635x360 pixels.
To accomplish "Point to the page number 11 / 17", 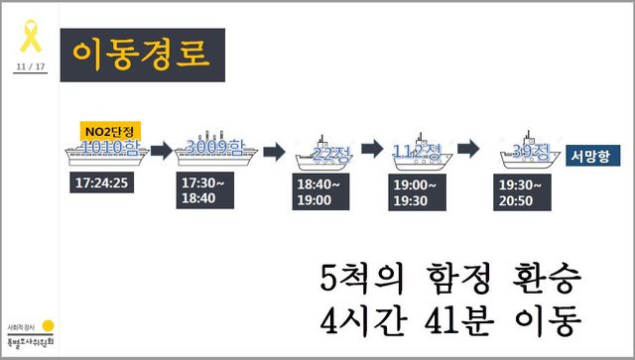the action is coord(30,66).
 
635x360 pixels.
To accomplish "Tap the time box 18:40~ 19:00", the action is coord(324,192).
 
